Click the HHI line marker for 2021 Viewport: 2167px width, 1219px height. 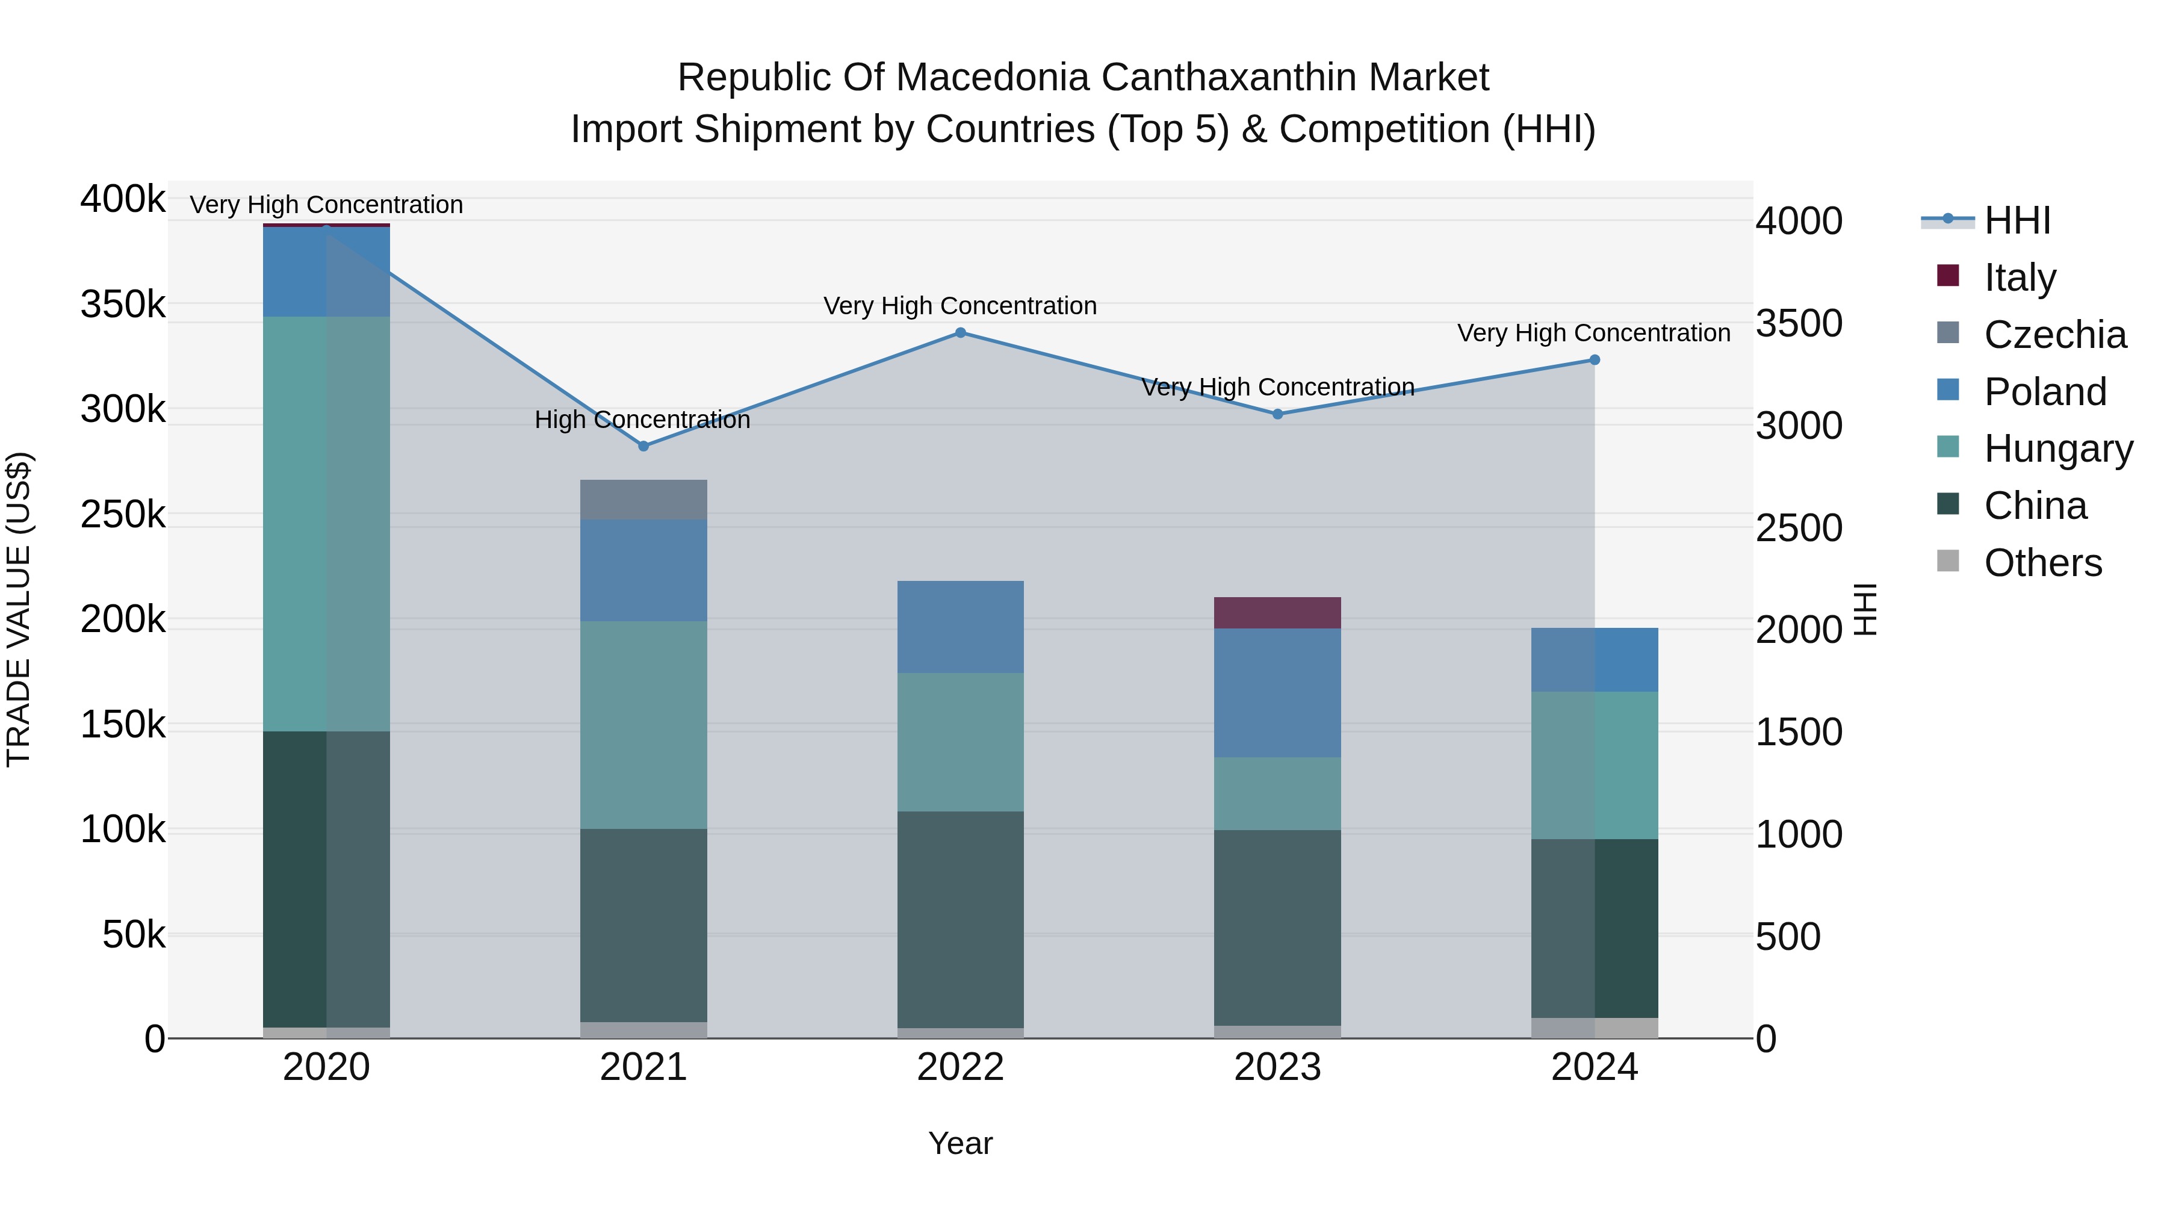click(643, 446)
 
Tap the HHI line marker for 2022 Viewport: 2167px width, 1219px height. click(961, 332)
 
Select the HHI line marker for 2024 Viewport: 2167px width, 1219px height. click(1594, 360)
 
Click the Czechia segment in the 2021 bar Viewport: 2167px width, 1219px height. click(643, 500)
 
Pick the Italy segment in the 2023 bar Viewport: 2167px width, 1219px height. click(1277, 612)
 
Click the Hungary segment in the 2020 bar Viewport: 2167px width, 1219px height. click(326, 523)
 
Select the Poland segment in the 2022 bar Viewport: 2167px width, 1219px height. click(961, 627)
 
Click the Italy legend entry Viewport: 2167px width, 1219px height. click(2019, 278)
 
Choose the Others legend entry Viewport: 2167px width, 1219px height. click(2042, 563)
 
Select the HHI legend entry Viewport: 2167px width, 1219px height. click(2017, 220)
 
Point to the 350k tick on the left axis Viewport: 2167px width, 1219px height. click(123, 305)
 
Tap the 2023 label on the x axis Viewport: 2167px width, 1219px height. click(1277, 1067)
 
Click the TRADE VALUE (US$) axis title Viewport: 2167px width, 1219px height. click(19, 609)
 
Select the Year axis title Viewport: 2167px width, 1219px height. click(960, 1143)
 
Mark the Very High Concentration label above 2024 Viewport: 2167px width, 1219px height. click(1593, 333)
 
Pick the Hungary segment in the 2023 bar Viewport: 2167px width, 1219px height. click(1277, 793)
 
